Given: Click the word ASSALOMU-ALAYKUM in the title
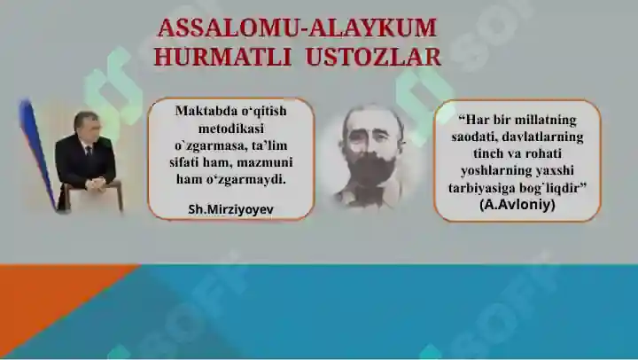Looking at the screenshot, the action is point(297,28).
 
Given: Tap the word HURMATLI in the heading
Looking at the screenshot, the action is point(222,57).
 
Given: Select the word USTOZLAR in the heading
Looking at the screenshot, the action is point(373,57).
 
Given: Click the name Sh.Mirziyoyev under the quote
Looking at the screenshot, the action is point(230,209).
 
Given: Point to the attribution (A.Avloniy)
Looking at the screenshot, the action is point(517,204).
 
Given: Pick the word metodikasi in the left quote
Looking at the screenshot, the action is point(230,129).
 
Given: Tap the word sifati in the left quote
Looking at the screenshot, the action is point(184,162).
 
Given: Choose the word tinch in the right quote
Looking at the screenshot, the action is point(488,153).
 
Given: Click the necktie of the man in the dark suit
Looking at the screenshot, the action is point(89,153).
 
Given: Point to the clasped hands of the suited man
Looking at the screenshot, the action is point(95,184).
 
